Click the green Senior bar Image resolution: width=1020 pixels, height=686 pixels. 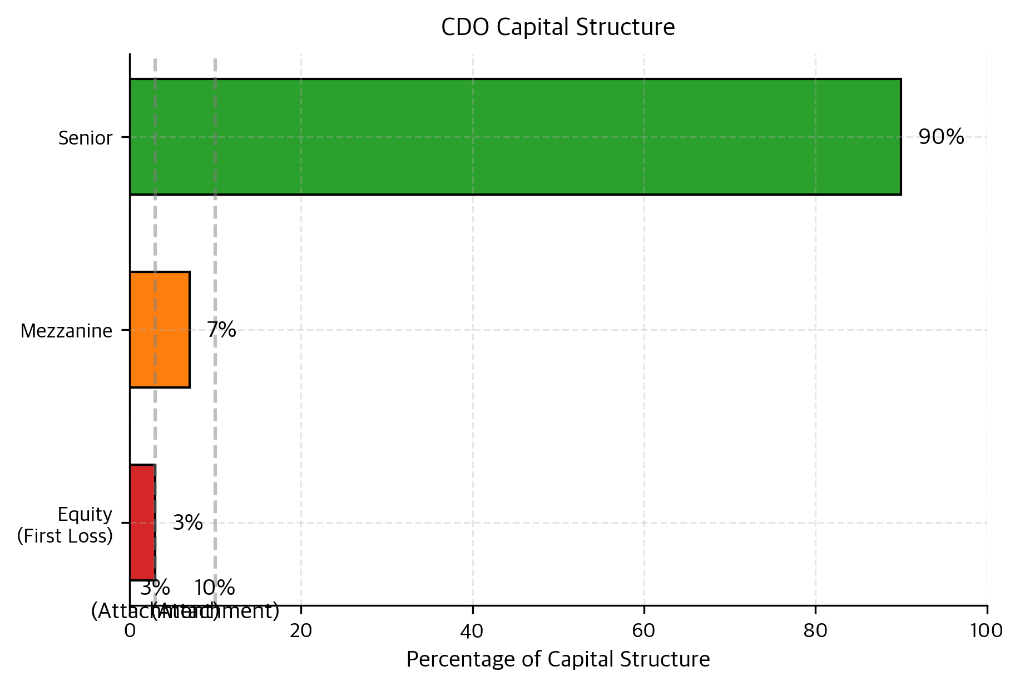515,137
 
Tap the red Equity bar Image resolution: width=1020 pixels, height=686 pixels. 142,523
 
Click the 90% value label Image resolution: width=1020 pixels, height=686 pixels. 940,137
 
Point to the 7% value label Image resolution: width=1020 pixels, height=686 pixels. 221,330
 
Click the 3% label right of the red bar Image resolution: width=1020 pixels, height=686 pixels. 187,523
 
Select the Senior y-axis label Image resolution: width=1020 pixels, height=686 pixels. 85,138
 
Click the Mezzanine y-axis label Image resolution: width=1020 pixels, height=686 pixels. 66,331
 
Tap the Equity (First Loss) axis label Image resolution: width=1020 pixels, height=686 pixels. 65,525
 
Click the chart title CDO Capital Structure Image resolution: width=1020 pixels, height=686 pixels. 558,27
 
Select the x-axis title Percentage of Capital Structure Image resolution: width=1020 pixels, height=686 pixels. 558,659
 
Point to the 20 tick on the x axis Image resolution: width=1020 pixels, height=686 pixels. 301,631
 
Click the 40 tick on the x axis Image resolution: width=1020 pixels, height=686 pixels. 472,631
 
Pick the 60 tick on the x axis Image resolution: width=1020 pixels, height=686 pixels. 643,631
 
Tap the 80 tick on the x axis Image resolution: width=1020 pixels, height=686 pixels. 815,631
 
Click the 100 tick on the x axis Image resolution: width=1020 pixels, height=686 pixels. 987,631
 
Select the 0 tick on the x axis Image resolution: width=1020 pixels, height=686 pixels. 130,631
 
